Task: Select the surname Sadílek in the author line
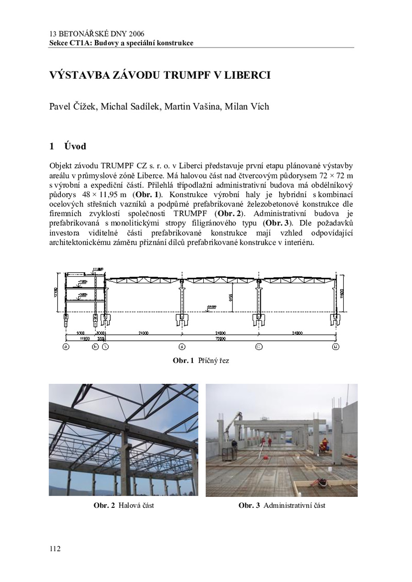click(x=141, y=107)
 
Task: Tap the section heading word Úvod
click(x=75, y=146)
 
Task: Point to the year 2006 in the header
click(x=136, y=34)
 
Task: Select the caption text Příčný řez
click(x=213, y=361)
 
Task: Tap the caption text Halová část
click(x=136, y=506)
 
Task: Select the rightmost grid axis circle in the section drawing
click(x=336, y=347)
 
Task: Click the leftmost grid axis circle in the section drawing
click(x=66, y=347)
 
